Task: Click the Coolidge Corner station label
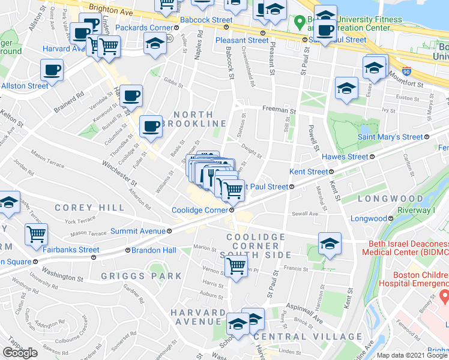(x=199, y=210)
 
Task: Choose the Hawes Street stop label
(x=345, y=157)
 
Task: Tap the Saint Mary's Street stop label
(x=390, y=137)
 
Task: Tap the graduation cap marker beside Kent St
(x=330, y=243)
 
